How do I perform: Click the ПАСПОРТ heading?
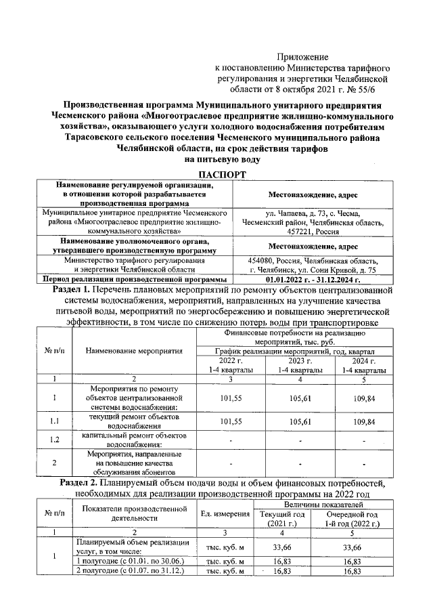point(216,175)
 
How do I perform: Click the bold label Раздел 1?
point(74,289)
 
